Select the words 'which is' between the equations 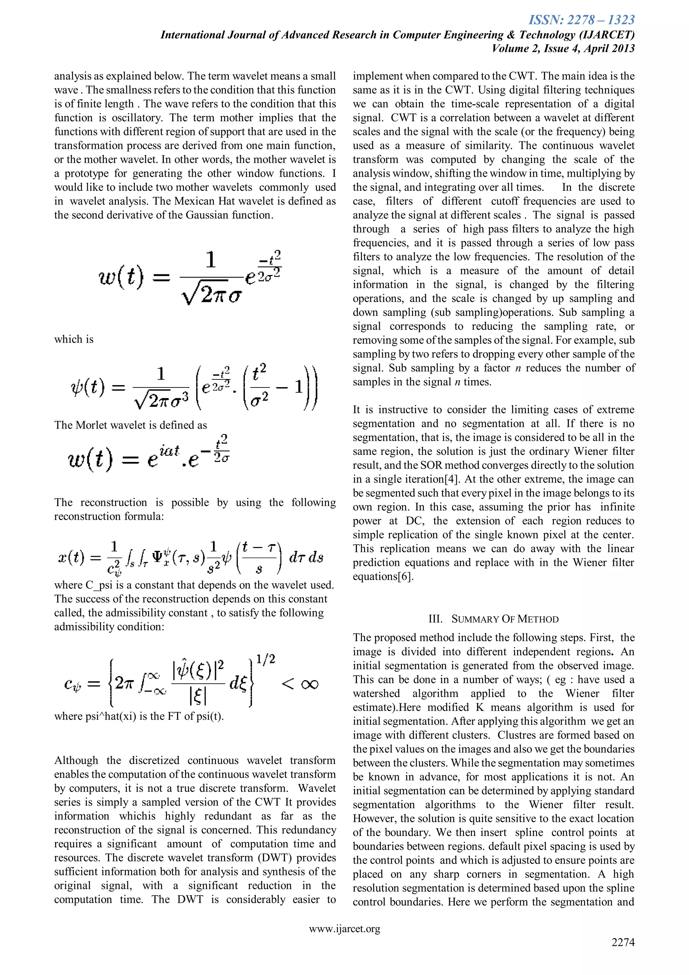(x=74, y=339)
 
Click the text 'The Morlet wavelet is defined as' (x=131, y=425)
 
